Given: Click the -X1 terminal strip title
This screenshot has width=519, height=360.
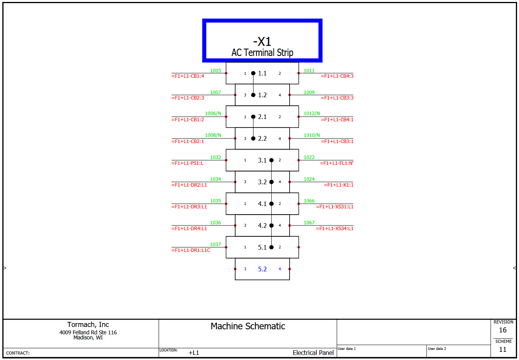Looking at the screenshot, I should point(262,42).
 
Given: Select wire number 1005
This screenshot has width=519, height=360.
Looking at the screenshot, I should point(215,71).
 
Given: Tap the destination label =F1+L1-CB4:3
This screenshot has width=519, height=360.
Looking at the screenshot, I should point(337,76).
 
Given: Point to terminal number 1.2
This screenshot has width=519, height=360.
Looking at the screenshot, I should point(262,95).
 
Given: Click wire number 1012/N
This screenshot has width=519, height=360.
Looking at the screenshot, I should point(312,114).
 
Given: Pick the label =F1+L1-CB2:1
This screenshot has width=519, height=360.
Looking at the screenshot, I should point(188,142).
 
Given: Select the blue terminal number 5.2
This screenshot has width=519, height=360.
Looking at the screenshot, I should point(262,269).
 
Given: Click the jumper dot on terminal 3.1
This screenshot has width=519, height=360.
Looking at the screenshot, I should point(271,160).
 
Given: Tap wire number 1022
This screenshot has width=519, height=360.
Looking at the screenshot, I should point(309,157).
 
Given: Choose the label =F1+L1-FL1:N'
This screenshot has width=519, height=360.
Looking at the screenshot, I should point(337,163).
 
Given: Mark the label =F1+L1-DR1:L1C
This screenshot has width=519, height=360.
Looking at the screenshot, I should point(191,250).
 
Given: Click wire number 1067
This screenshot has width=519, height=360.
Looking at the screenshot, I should point(309,223).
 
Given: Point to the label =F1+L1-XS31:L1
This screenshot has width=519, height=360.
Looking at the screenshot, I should point(335,207).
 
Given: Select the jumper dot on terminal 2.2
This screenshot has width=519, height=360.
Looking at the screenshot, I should point(253,138).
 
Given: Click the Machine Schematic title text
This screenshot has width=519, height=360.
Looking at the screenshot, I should point(248,326).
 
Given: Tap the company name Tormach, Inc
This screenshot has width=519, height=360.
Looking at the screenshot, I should point(88,325).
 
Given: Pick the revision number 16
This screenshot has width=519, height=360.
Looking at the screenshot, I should point(503,330).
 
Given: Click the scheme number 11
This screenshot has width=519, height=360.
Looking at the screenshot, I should point(503,350).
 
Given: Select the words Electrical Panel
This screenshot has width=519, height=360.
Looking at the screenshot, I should point(313,353).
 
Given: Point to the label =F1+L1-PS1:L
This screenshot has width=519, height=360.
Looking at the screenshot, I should point(187,163).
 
